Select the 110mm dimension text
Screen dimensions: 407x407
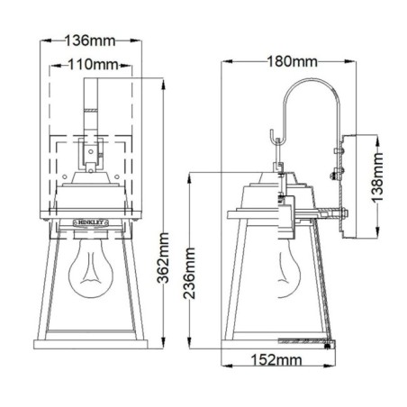tap(94, 64)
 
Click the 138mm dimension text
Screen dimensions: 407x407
tap(381, 186)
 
